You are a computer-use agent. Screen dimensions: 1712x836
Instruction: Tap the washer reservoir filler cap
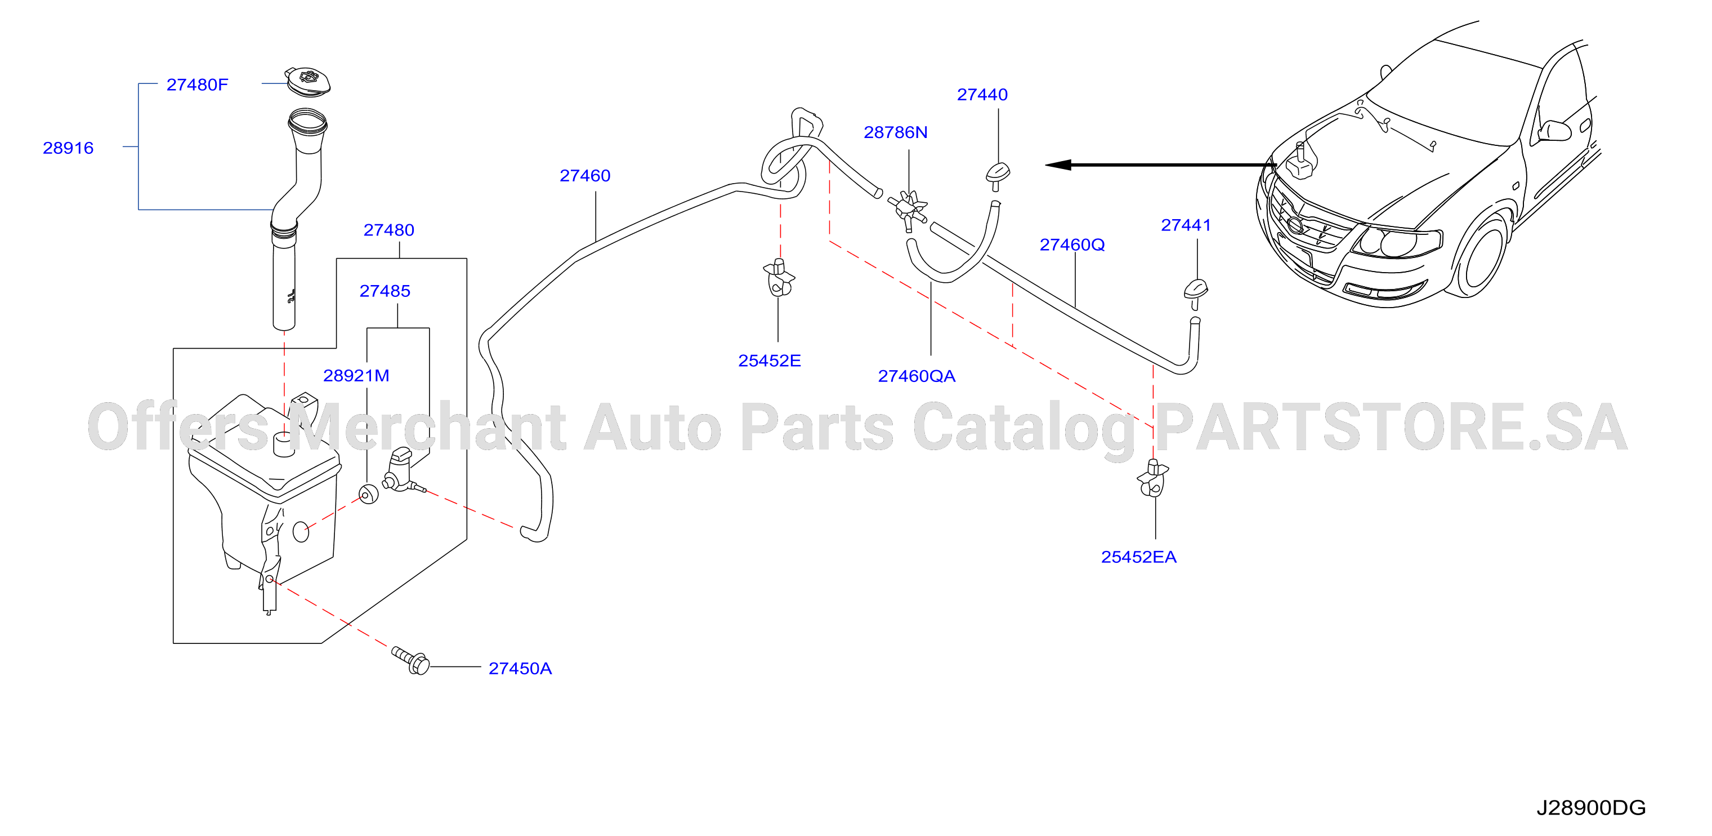(x=308, y=81)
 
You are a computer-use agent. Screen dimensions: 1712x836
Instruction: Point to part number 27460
(x=585, y=176)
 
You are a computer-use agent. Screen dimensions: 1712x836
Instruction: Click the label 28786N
(x=895, y=132)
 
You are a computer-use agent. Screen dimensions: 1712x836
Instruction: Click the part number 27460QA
(x=917, y=376)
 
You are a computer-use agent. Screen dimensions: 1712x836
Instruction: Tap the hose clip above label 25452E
(x=779, y=277)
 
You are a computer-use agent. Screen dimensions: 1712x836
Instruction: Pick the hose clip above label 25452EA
(x=1153, y=478)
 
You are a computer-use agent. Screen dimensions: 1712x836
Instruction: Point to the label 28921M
(x=356, y=376)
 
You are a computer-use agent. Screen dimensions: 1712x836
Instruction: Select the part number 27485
(x=385, y=291)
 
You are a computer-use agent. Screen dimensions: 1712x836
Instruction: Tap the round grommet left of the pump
(x=368, y=494)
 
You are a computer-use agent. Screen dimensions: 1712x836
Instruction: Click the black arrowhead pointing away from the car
(x=1058, y=165)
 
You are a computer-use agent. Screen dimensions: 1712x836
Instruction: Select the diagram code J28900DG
(x=1591, y=807)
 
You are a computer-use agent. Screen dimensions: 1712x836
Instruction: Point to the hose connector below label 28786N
(x=908, y=209)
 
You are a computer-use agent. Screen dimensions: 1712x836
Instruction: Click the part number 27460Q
(x=1072, y=244)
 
